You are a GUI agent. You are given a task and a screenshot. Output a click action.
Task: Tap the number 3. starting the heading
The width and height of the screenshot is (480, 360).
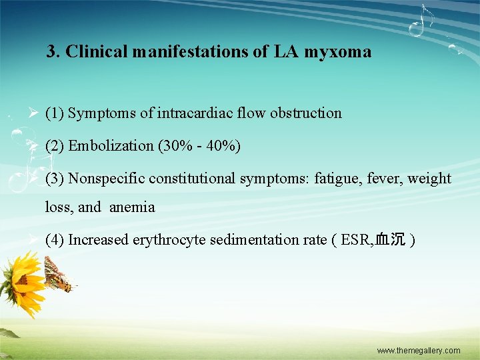(x=53, y=51)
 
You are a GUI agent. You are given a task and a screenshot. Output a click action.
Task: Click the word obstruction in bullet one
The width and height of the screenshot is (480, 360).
(x=306, y=113)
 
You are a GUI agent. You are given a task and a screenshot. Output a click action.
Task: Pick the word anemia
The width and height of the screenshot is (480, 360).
(x=132, y=207)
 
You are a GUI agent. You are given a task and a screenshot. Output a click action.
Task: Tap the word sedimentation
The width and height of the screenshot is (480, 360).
(x=255, y=240)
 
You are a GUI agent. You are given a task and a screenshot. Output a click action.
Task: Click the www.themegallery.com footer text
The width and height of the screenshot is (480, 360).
(x=418, y=351)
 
